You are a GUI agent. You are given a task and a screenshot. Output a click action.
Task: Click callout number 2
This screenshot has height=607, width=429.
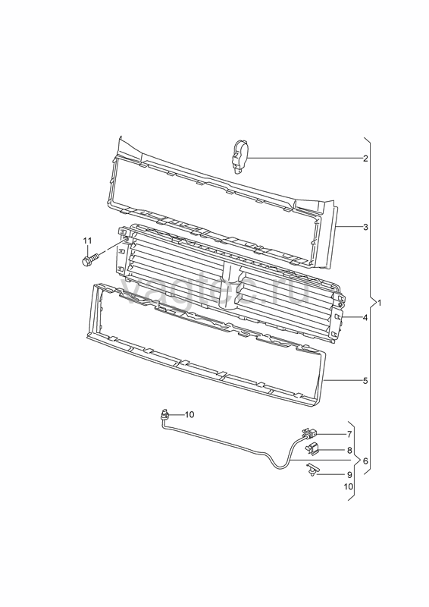[x=365, y=158]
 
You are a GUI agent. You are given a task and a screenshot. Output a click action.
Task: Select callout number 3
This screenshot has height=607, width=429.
[x=365, y=227]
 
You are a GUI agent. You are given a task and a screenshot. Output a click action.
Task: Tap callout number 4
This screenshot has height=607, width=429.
[x=365, y=318]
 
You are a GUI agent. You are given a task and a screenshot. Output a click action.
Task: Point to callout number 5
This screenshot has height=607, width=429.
[x=365, y=381]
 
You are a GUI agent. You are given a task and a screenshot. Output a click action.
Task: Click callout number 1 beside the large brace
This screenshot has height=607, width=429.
[x=380, y=303]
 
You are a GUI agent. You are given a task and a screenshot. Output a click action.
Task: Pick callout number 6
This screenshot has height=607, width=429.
[x=365, y=461]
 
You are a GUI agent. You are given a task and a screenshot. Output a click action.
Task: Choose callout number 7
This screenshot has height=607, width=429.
[x=349, y=434]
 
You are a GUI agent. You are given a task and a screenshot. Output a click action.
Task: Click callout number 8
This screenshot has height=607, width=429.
[x=349, y=450]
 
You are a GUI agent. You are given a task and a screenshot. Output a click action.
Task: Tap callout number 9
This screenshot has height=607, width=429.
[x=349, y=475]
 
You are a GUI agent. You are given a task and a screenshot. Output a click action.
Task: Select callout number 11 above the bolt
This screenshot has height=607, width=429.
[x=87, y=241]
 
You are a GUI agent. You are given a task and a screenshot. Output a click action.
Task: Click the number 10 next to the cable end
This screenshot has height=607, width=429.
[x=189, y=414]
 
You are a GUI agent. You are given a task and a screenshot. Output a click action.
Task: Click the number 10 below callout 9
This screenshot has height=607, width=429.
[x=349, y=486]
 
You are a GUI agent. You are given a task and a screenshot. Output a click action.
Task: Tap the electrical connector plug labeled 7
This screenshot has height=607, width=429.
[x=309, y=433]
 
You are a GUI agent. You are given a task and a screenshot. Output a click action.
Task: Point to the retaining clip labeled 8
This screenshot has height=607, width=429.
[x=312, y=449]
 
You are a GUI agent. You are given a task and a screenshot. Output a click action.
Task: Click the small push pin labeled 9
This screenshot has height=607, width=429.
[x=312, y=469]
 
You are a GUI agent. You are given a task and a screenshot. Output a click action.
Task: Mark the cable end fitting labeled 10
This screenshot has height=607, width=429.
[x=165, y=415]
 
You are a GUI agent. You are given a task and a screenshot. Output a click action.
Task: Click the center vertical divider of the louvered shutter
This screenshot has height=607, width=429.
[x=231, y=286]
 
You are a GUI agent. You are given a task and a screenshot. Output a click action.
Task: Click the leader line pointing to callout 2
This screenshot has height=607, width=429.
[x=305, y=158]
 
